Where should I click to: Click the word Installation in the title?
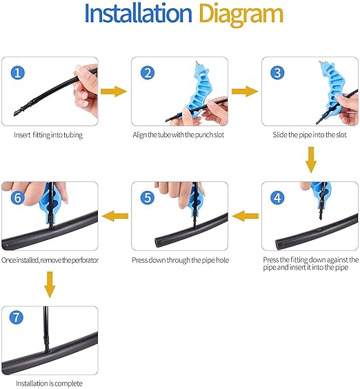coord(138,14)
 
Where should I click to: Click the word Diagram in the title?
coord(241,15)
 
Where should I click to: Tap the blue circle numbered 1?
coord(18,72)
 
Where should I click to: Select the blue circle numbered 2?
coord(148,72)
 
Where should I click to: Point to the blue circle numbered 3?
coord(277,72)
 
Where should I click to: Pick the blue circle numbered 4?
coord(277,198)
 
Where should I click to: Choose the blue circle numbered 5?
coord(148,198)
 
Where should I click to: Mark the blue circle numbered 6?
coord(18,198)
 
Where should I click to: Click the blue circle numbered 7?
coord(17,317)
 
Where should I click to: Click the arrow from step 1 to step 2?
coord(114,92)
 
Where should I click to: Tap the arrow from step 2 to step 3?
coord(245,92)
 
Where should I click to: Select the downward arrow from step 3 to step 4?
coord(311,160)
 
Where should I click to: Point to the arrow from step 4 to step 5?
coord(246,216)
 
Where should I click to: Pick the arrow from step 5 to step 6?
coord(115,216)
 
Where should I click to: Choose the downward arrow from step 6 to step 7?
coord(50,285)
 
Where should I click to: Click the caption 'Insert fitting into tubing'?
coord(48,135)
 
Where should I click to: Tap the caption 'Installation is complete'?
coord(49,383)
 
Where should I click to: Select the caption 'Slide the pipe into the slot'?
coord(310,134)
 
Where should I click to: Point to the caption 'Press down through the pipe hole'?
coord(181,260)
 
